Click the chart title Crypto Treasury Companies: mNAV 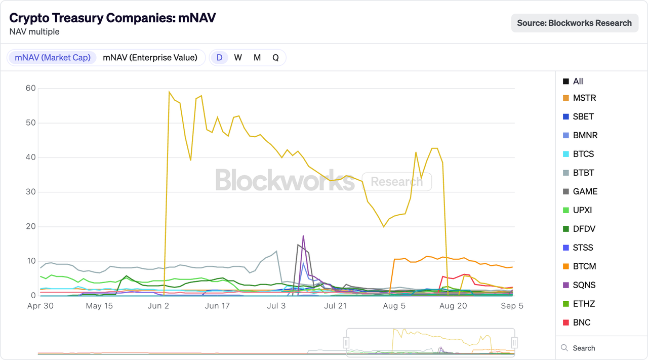click(112, 18)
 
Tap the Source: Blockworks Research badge click(574, 23)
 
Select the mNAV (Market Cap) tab click(53, 58)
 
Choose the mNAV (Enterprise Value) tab click(150, 58)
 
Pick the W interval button click(238, 58)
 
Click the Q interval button click(275, 58)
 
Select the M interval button click(257, 58)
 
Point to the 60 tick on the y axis click(30, 88)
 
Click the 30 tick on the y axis click(30, 192)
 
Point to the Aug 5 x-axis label click(394, 306)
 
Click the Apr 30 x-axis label click(40, 306)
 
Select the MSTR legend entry click(584, 98)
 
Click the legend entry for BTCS click(583, 154)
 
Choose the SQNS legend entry click(584, 285)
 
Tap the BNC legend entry click(582, 323)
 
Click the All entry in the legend click(578, 81)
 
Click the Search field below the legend click(584, 348)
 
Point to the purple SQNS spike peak click(303, 236)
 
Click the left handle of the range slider click(347, 343)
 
